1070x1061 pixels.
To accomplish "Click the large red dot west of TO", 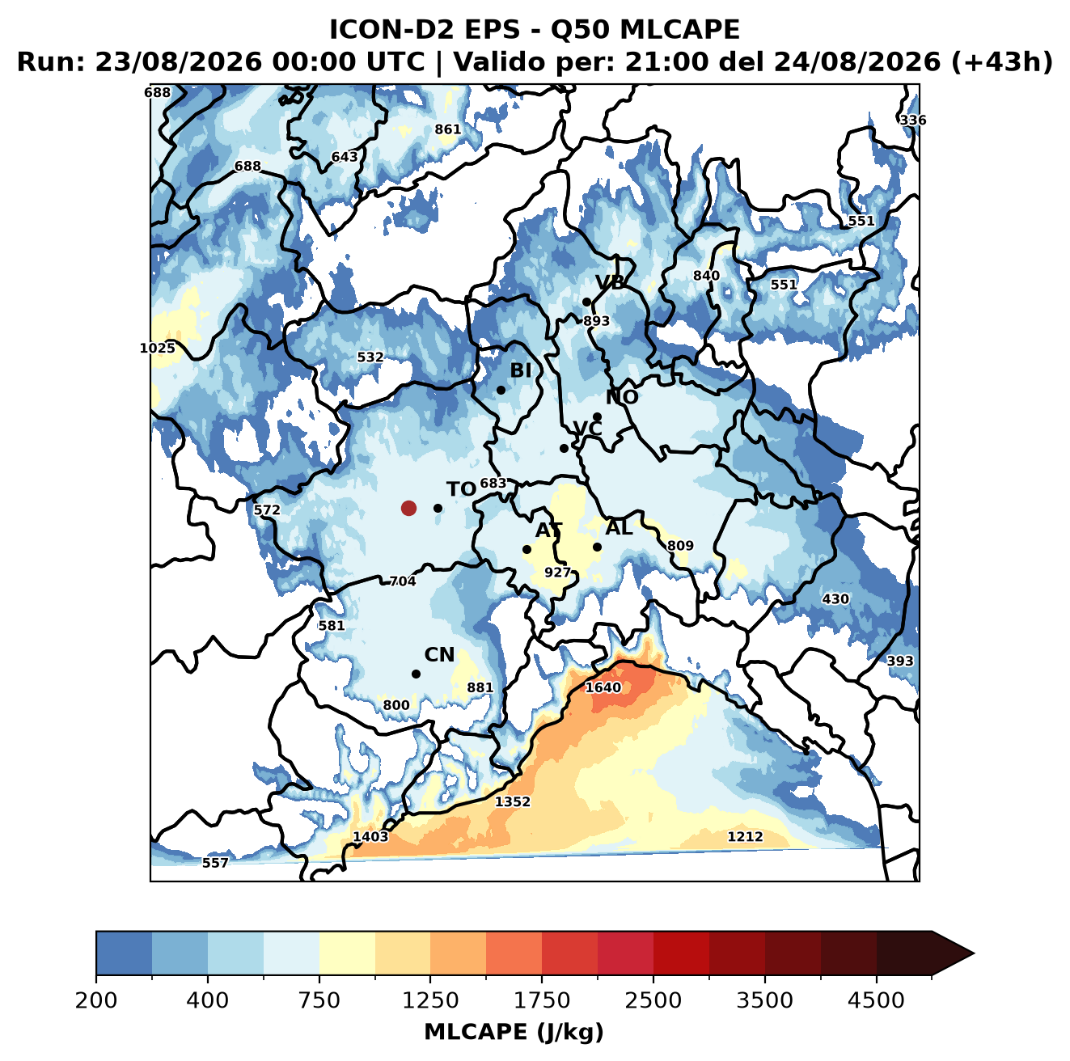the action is pos(408,508).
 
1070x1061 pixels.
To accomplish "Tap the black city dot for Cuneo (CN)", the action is pos(416,674).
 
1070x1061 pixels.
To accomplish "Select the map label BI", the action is pos(520,370).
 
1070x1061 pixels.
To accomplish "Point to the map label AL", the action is pos(619,527).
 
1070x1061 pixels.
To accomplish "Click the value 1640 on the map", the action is pos(603,687).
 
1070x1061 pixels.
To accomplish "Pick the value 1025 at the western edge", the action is pos(157,348).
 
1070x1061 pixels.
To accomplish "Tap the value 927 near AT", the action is pos(557,572).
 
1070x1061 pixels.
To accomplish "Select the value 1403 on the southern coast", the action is pos(370,836).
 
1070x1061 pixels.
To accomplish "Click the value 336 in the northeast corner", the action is pos(913,120).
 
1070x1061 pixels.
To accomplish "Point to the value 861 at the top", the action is pos(447,129).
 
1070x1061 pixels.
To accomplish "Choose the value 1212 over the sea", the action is pos(745,836).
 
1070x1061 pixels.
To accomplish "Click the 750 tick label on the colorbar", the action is pos(319,1000).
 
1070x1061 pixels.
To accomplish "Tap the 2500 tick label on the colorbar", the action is pos(653,1000).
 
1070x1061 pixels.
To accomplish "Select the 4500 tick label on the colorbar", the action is pos(876,1000).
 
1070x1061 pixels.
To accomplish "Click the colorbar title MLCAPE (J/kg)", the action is pos(514,1032).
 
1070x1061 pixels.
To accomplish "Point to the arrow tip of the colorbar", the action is pos(974,953).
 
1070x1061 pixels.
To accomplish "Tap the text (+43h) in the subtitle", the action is pos(1001,62).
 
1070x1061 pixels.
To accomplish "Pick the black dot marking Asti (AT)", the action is pos(527,549).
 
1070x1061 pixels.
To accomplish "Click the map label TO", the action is pos(461,489).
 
